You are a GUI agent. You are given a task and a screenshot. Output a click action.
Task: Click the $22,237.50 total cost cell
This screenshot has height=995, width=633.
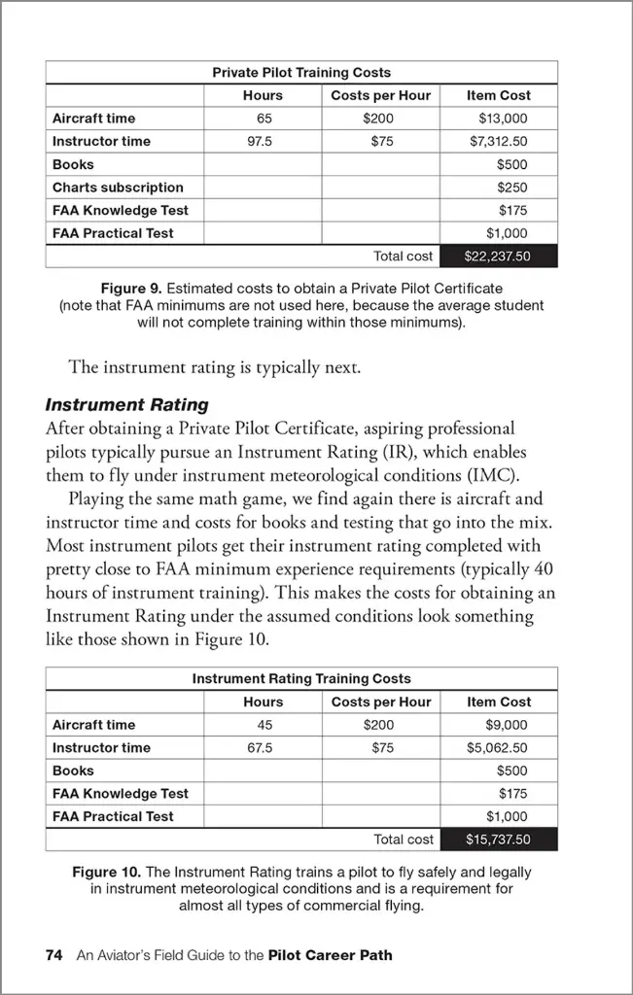tap(499, 257)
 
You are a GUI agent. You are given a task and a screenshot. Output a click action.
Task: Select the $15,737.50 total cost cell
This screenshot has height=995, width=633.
tap(499, 840)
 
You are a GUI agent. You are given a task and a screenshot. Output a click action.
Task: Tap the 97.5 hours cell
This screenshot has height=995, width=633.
tap(263, 142)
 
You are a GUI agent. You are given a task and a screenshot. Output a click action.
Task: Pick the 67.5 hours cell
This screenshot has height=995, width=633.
tap(263, 748)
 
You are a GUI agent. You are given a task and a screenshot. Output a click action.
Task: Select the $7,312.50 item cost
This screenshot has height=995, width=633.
tap(498, 142)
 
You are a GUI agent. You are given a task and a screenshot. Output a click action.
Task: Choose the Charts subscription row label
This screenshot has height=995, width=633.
tap(118, 188)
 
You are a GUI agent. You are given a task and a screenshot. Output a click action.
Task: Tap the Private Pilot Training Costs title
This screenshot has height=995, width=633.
tap(301, 73)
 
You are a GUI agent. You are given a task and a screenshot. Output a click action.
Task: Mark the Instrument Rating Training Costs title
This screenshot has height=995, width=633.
tap(301, 679)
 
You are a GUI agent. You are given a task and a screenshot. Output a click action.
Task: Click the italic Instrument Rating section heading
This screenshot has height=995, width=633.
tap(127, 404)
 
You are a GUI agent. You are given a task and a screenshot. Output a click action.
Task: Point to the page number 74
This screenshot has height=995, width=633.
tap(54, 955)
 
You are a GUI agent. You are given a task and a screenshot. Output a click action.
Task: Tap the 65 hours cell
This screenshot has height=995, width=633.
tap(263, 119)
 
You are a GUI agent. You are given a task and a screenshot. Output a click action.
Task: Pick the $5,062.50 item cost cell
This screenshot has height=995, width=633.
tap(498, 748)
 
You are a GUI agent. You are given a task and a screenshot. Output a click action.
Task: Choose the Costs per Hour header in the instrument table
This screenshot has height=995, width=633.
tap(380, 702)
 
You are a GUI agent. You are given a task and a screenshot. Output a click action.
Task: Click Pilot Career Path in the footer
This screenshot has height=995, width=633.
tap(331, 955)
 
